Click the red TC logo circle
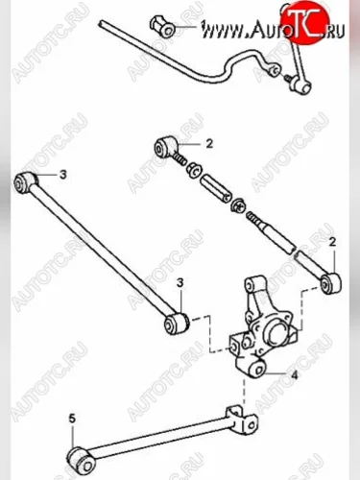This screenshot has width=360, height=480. click(x=304, y=21)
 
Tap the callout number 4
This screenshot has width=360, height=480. click(x=294, y=374)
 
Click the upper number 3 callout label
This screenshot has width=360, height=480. click(x=63, y=175)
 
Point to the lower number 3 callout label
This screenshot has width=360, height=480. click(x=180, y=283)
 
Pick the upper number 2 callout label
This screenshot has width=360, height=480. click(x=209, y=144)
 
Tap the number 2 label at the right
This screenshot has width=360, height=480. click(x=332, y=242)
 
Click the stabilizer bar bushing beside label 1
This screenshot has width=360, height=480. click(x=162, y=26)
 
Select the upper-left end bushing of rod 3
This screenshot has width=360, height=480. click(x=26, y=181)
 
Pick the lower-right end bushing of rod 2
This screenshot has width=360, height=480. click(x=331, y=282)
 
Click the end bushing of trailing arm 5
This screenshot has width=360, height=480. click(x=82, y=460)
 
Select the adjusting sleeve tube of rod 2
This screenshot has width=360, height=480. click(x=214, y=188)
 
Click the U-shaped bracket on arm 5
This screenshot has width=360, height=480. click(x=242, y=420)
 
